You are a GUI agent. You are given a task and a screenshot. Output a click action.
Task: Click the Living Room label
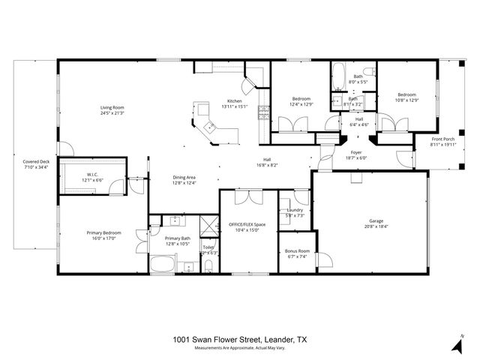tap(112, 108)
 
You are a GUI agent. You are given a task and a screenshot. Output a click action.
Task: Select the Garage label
tap(376, 220)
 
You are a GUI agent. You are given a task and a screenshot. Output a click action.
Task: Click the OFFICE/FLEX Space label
tap(247, 225)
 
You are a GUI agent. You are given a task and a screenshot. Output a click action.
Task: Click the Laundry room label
tap(294, 210)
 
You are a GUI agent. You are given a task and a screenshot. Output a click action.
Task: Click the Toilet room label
tap(208, 247)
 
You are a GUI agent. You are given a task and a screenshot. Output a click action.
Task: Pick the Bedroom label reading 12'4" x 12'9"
tap(301, 98)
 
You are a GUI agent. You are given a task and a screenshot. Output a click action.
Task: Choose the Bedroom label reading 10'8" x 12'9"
tap(406, 94)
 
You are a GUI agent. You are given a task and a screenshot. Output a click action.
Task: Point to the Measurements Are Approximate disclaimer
tap(240, 348)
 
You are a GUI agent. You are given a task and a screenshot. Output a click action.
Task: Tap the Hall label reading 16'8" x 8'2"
tap(266, 160)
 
